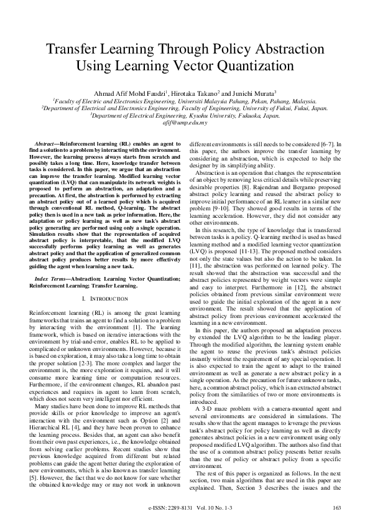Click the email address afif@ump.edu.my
coord(185,123)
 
